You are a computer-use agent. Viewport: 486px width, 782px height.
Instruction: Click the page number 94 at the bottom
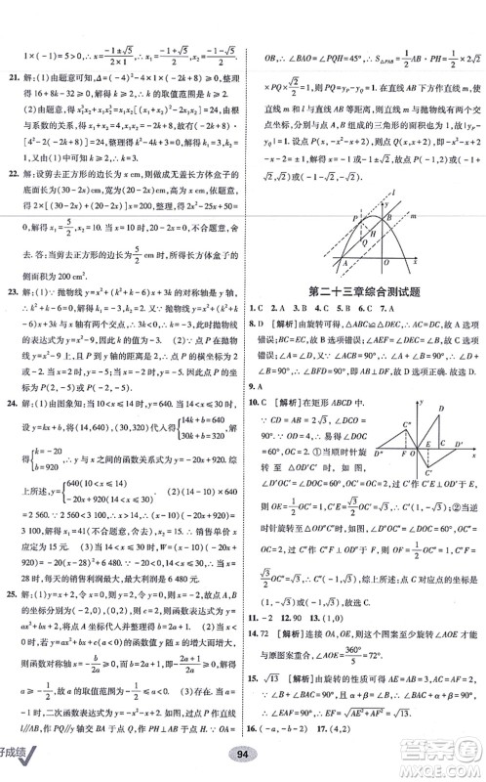click(x=242, y=760)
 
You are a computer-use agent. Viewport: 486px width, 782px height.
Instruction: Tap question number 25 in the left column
click(x=11, y=594)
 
